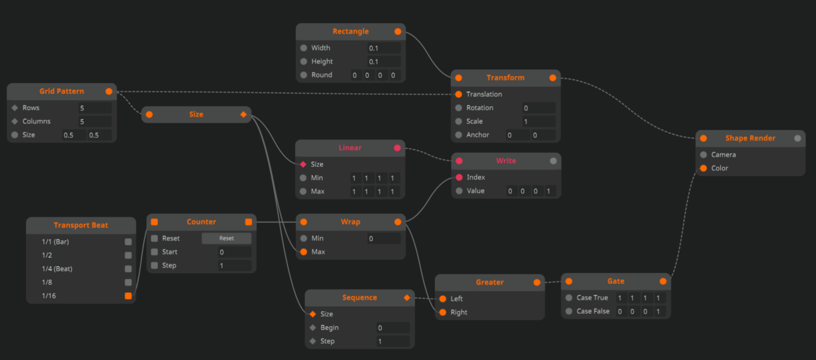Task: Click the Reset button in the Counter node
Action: click(x=226, y=238)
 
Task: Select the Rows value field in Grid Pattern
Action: click(x=94, y=108)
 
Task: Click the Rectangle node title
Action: click(x=351, y=32)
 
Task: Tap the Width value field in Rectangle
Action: click(x=384, y=48)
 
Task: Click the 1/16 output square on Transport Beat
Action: click(x=128, y=296)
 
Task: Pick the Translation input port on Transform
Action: click(x=459, y=94)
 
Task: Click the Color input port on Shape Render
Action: click(x=703, y=168)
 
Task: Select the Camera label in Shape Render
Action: click(x=723, y=155)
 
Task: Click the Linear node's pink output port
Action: click(x=397, y=148)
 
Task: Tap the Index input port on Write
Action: click(x=459, y=177)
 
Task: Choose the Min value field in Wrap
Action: click(x=384, y=238)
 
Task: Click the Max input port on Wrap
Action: click(x=304, y=252)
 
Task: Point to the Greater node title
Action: click(x=489, y=282)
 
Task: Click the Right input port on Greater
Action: click(x=443, y=313)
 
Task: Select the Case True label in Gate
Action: click(x=592, y=298)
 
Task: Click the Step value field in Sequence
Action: click(x=393, y=341)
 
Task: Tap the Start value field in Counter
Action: click(x=235, y=252)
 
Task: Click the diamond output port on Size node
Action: click(x=244, y=115)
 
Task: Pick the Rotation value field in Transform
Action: click(x=538, y=108)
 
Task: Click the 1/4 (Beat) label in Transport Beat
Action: click(x=57, y=269)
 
